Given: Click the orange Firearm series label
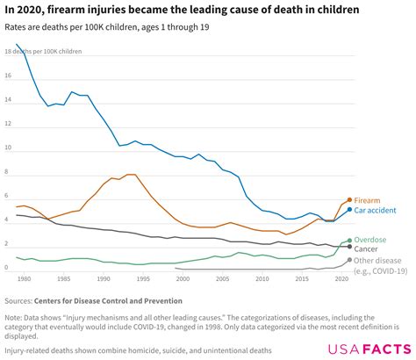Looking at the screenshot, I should (x=369, y=200).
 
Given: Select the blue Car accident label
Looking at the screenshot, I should (x=375, y=211).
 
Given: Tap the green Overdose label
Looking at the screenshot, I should (x=371, y=240).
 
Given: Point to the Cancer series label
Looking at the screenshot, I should (x=367, y=249).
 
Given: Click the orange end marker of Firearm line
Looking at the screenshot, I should (x=349, y=199).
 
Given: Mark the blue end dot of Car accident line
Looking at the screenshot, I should (x=349, y=210).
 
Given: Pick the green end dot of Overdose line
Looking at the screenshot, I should (x=349, y=240).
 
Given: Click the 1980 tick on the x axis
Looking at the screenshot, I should (x=24, y=278).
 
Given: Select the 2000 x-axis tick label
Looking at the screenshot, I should (x=183, y=278).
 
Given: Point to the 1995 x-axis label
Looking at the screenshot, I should (x=143, y=278).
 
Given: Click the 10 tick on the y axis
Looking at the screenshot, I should (x=9, y=148).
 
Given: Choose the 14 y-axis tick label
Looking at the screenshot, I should (x=9, y=99).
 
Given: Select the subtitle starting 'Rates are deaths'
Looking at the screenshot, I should (x=104, y=30).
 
